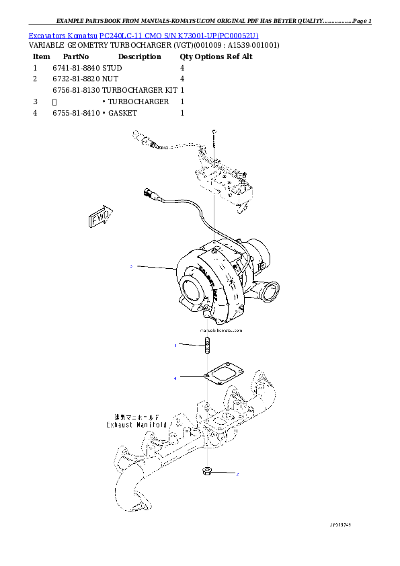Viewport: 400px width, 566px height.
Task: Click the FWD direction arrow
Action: [98, 217]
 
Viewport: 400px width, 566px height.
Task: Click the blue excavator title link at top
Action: [143, 35]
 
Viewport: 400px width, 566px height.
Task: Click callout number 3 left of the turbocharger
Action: [131, 267]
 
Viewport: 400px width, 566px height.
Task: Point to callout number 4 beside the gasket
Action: [175, 378]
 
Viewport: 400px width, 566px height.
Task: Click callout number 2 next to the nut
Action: [237, 474]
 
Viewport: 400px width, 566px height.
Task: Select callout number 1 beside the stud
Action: [175, 346]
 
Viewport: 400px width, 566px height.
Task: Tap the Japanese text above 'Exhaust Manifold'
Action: [138, 417]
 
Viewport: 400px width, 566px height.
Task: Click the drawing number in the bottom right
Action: [340, 522]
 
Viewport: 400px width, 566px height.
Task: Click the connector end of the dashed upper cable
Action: [143, 139]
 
